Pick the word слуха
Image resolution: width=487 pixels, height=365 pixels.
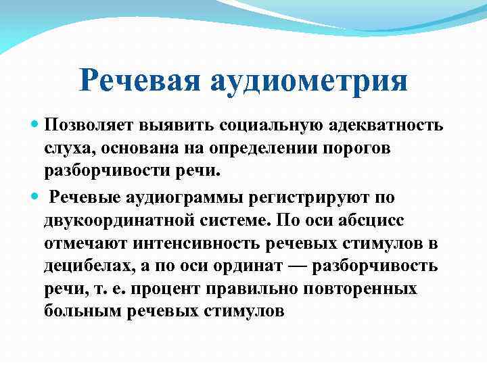point(66,149)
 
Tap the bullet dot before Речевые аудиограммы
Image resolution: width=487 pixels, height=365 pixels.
point(35,197)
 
